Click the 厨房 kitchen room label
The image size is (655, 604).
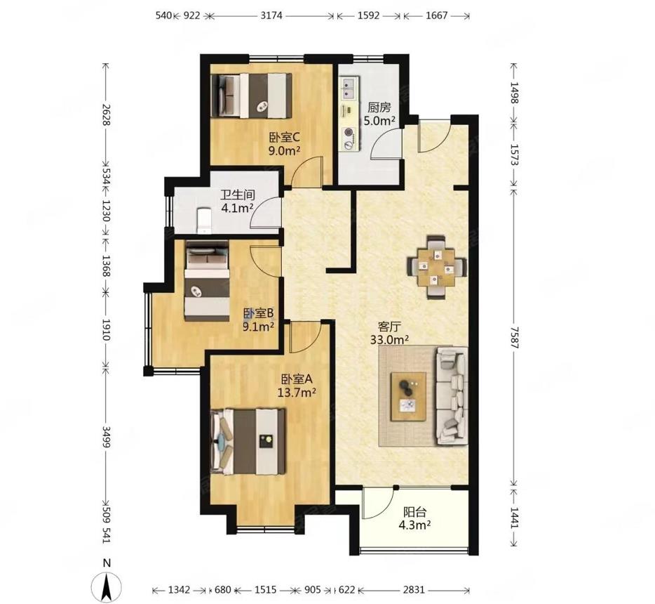pos(379,108)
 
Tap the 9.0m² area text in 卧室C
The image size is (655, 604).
pos(284,150)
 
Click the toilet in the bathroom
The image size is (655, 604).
pos(204,220)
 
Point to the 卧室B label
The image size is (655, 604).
pos(258,313)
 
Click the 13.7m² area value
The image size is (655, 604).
pos(297,393)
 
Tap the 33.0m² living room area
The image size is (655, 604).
pos(389,339)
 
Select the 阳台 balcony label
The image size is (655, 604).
pos(414,511)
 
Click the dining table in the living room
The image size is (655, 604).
pos(437,266)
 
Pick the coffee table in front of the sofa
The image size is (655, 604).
pos(408,396)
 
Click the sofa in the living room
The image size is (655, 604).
pos(452,395)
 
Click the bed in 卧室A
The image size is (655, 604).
pos(249,442)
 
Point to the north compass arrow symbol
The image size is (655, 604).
pos(107,586)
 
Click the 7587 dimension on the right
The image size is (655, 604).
pos(514,335)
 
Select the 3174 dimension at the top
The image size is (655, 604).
pos(271,16)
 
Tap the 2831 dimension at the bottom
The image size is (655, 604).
pos(414,590)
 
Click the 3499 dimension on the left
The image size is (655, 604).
pos(106,437)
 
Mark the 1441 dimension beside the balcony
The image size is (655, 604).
pos(514,518)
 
